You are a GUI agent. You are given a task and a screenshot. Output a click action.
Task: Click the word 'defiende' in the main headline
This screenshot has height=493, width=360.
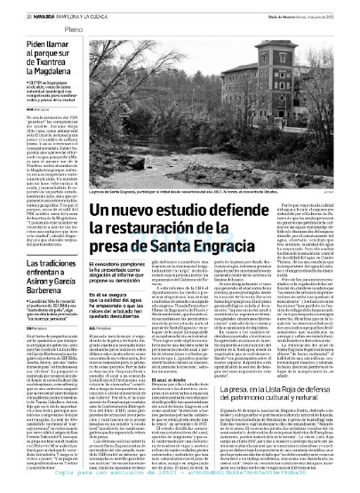(287, 210)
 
